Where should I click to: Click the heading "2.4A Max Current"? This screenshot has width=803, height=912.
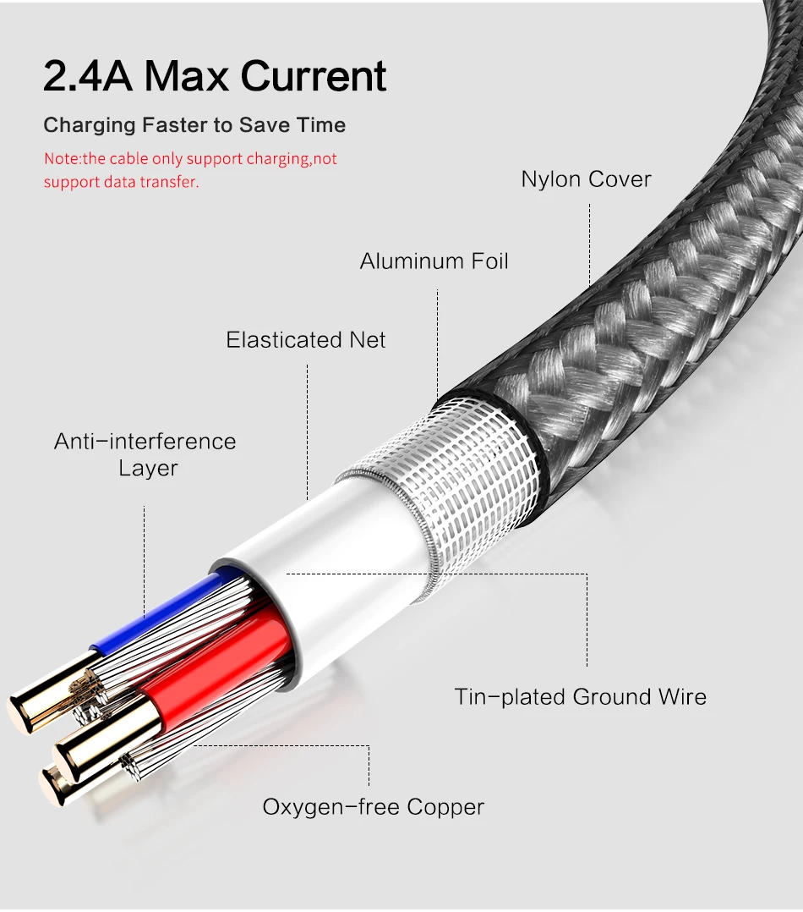215,76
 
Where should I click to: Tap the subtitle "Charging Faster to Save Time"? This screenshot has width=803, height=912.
194,125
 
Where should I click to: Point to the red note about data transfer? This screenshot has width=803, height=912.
190,170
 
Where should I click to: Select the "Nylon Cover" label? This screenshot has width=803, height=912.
586,179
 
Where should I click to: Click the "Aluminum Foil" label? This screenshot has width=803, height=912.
434,261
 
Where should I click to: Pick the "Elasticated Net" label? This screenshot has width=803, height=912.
305,340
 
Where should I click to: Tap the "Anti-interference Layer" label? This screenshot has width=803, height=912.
145,454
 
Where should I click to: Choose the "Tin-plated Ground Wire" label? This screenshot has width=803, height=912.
580,697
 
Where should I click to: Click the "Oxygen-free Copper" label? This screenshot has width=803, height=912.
373,807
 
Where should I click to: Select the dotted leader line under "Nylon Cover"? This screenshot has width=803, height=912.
589,237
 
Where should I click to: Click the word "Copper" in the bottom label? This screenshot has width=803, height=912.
445,807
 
